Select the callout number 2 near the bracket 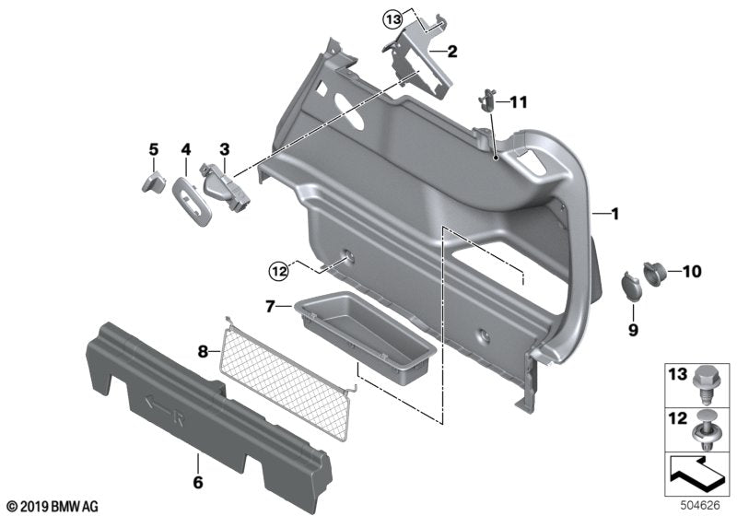(x=451, y=52)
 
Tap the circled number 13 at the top (x=392, y=19)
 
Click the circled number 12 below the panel (x=278, y=270)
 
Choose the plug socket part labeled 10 (x=658, y=273)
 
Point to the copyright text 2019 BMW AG (x=53, y=506)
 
